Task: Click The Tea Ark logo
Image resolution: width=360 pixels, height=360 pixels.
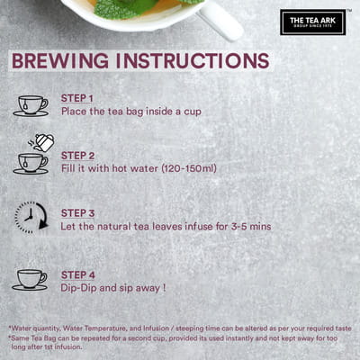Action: [x=313, y=22]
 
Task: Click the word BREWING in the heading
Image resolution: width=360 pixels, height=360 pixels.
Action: [x=60, y=61]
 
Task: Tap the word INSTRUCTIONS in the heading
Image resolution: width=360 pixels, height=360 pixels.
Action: [x=193, y=61]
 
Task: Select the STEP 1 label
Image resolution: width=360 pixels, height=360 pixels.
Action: [x=77, y=98]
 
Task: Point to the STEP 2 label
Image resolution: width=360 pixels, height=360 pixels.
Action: [x=77, y=156]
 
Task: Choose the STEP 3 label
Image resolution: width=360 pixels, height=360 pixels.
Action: [x=77, y=213]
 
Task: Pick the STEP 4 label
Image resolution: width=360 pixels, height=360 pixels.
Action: [x=78, y=275]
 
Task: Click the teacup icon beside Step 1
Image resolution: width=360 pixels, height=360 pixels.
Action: [x=31, y=106]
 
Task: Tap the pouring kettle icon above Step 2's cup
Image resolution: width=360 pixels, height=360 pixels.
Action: [x=41, y=142]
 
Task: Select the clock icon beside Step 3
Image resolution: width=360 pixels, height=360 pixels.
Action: [x=31, y=218]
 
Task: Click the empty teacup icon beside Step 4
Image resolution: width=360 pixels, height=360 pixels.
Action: [x=30, y=280]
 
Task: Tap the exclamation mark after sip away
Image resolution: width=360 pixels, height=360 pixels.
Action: [x=164, y=288]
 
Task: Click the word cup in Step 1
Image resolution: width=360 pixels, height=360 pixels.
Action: [x=193, y=112]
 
